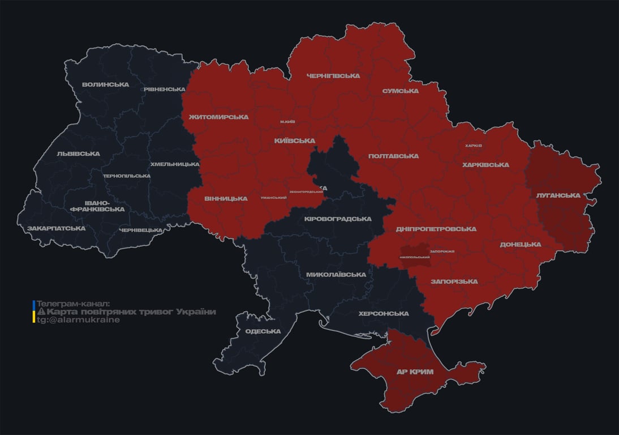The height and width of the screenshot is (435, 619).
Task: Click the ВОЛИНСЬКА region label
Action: coord(105,85)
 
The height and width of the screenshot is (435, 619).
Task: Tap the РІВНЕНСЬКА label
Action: coord(164,89)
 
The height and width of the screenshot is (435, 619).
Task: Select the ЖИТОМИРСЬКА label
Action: coord(218,117)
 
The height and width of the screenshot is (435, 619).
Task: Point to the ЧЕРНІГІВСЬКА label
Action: coord(333,76)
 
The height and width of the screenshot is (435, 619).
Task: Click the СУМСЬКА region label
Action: coord(400,91)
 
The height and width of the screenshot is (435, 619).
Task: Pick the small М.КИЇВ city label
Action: coord(287,122)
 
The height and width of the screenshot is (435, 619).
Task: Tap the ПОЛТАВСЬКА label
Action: coord(393,156)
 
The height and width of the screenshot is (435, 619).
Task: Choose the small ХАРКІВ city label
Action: coord(473,146)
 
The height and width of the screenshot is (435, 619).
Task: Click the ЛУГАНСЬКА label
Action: coord(558,195)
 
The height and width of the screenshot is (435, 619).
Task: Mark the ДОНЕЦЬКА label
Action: coord(520,245)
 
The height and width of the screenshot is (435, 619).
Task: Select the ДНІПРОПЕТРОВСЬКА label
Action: coord(436,229)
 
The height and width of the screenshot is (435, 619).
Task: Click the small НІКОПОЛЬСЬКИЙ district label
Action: coord(414,258)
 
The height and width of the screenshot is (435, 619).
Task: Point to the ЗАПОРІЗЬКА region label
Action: coord(454,282)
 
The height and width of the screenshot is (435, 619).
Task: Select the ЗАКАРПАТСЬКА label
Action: coord(56,229)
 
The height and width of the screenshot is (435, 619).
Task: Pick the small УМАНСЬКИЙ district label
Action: coord(273,198)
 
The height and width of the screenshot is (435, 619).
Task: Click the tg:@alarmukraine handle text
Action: coord(78,320)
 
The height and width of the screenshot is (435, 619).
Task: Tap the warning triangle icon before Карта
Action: coord(41,312)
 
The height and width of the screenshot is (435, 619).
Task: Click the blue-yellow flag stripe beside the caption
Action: coord(34,312)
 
